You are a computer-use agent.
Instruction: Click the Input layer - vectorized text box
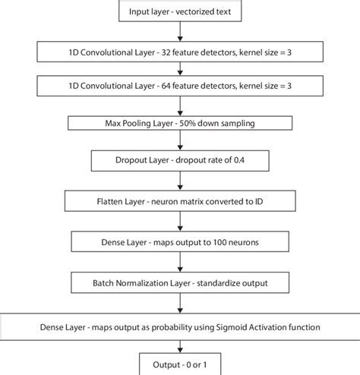click(x=179, y=11)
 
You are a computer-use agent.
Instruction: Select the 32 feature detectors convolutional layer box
click(x=179, y=52)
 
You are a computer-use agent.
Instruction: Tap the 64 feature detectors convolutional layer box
click(x=179, y=87)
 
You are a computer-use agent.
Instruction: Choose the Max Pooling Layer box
click(x=179, y=122)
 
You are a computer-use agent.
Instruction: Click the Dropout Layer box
click(x=179, y=161)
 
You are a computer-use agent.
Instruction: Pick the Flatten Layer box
click(x=179, y=203)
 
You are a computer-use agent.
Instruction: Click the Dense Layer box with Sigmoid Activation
click(x=179, y=328)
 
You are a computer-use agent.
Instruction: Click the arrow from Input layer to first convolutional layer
click(x=179, y=31)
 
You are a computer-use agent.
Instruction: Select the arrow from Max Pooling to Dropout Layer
click(x=179, y=141)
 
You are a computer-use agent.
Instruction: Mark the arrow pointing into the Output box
click(x=179, y=348)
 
